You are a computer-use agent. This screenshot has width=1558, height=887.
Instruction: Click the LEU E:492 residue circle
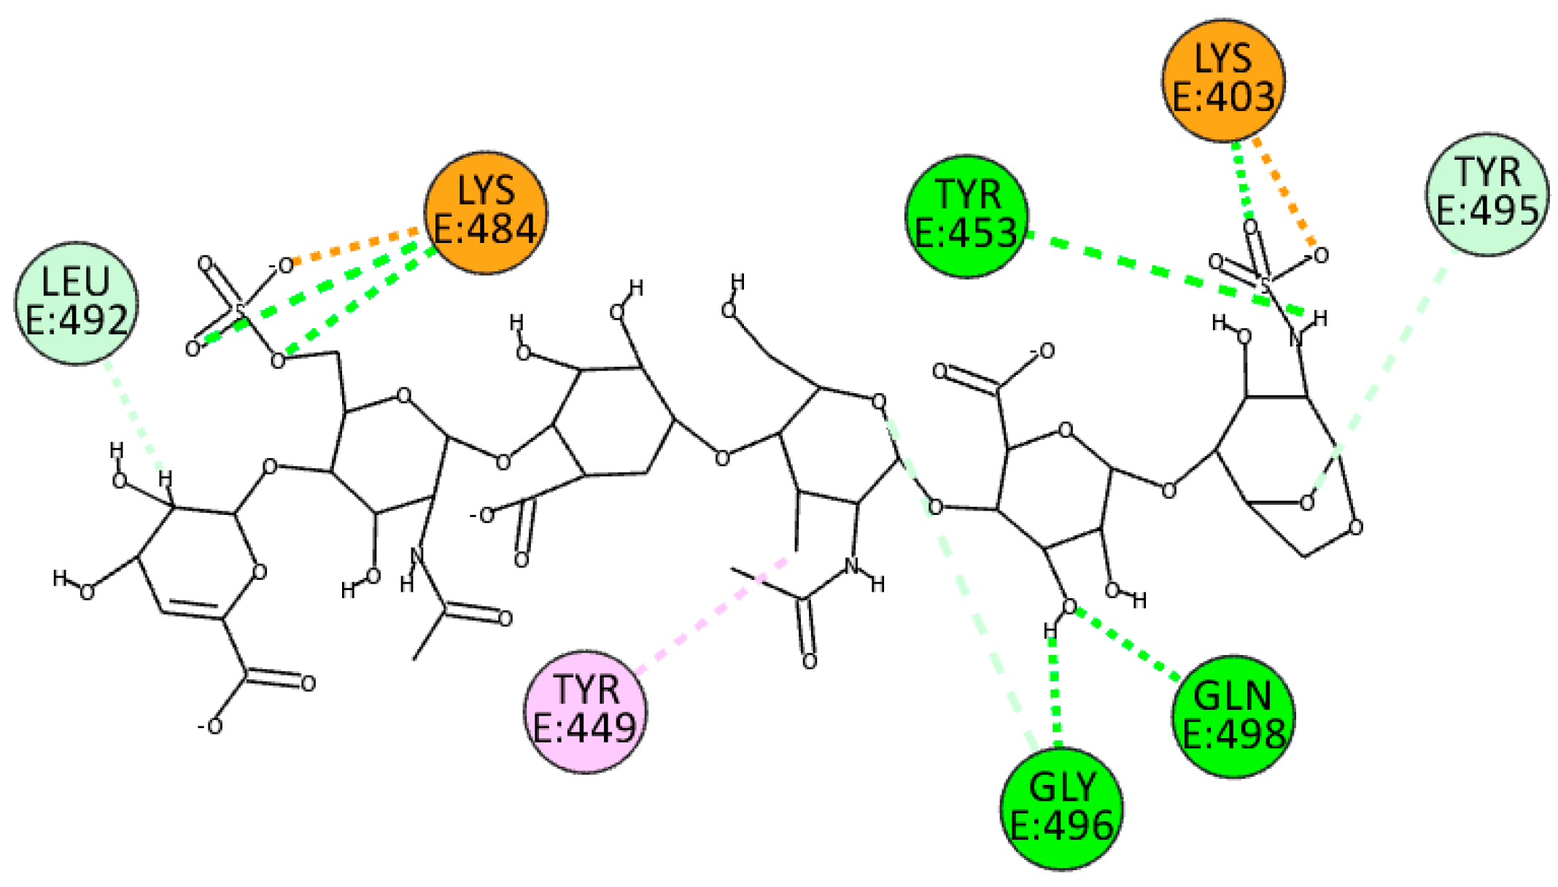coord(76,303)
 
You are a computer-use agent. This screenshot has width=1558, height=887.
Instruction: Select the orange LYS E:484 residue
coord(486,212)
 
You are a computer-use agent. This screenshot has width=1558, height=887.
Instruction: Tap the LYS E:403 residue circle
coord(1223,80)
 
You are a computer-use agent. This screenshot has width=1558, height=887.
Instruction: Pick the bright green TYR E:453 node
coord(966,216)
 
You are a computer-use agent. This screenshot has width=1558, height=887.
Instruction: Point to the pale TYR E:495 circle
coord(1487,195)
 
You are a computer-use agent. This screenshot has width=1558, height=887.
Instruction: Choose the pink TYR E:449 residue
coord(585,711)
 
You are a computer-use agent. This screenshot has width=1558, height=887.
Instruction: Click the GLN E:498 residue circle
coord(1233,716)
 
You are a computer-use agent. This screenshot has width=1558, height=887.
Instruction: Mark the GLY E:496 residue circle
coord(1061,808)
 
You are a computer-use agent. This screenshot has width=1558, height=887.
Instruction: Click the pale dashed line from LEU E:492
coord(135,416)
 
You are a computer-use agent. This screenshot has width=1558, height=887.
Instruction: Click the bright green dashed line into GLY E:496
coord(1055,693)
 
